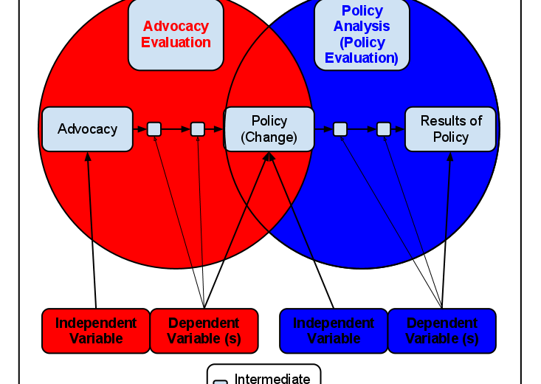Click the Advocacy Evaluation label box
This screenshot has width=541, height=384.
click(176, 35)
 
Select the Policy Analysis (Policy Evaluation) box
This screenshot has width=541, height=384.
click(362, 35)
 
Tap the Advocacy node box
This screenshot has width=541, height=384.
click(87, 129)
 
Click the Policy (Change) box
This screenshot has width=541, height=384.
click(269, 129)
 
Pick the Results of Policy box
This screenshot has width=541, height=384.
click(450, 129)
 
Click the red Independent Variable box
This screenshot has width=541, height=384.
click(96, 331)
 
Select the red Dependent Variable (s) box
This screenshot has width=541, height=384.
click(204, 331)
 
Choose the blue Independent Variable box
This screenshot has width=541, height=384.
click(334, 331)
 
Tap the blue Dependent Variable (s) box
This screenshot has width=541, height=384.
click(442, 331)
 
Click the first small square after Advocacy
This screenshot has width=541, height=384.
click(154, 129)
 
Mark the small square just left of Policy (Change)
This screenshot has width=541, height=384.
click(198, 129)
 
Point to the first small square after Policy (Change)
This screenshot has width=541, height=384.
click(340, 129)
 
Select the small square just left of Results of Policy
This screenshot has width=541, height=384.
click(384, 129)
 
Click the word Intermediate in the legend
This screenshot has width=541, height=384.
click(272, 379)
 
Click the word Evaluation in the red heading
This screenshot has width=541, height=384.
click(176, 43)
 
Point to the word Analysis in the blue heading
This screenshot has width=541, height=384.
click(362, 27)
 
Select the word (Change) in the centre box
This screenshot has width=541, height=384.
click(269, 137)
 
